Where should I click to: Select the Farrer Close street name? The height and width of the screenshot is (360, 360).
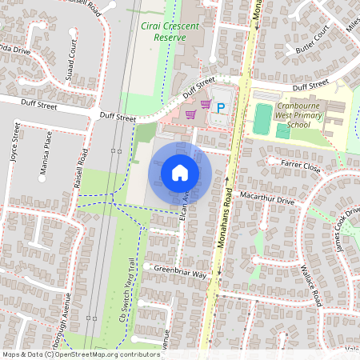coord(301,166)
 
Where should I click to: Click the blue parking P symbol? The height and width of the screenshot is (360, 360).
coord(222,106)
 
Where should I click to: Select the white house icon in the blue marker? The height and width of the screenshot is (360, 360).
coord(180,172)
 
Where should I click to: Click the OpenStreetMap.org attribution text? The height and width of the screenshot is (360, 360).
coord(105,354)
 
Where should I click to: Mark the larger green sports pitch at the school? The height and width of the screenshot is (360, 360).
coord(262,119)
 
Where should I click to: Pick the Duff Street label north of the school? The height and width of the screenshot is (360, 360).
coord(310,86)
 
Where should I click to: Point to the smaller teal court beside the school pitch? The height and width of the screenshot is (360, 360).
coord(282,130)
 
